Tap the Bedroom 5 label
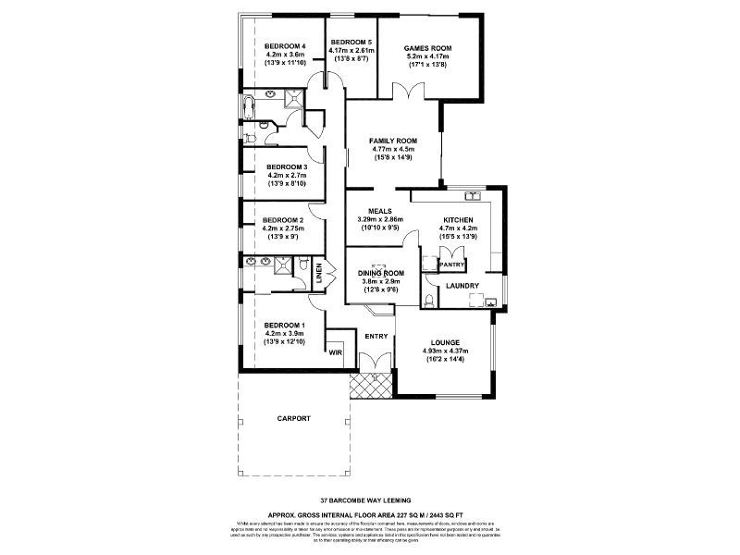pos(351,42)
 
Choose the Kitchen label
pos(458,218)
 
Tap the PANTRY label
pos(451,265)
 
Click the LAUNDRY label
pos(462,286)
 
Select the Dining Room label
pos(381,273)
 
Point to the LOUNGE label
pos(446,341)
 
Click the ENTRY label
pos(376,336)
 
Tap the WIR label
pos(334,351)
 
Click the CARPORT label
pos(294,419)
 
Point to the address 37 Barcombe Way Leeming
pos(370,498)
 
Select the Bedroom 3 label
pos(285,166)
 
